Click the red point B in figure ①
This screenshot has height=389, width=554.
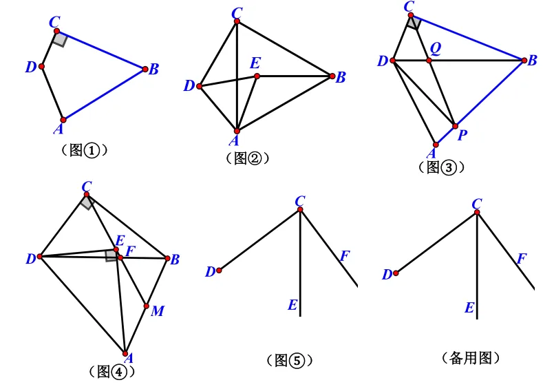[145, 69]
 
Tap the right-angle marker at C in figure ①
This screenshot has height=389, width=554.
[61, 39]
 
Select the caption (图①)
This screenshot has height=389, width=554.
[84, 150]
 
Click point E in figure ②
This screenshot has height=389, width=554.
[257, 76]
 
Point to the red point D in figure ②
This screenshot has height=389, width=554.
[200, 86]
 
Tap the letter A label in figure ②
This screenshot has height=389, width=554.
[234, 140]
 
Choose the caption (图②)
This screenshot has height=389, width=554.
[247, 158]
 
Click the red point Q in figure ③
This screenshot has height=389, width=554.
[429, 61]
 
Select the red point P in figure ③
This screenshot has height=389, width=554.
[455, 126]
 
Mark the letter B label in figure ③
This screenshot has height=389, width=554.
[532, 61]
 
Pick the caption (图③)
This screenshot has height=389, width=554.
[441, 167]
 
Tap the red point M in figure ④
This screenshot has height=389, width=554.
[147, 306]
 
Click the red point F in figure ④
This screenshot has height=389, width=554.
[120, 257]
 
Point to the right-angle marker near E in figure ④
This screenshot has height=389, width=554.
[111, 256]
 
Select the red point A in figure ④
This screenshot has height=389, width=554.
[125, 354]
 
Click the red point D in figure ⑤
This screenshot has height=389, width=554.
[219, 271]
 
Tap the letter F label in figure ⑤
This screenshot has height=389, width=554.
[345, 256]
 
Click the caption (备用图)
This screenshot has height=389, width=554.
[471, 358]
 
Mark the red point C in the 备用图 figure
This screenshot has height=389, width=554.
[477, 212]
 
